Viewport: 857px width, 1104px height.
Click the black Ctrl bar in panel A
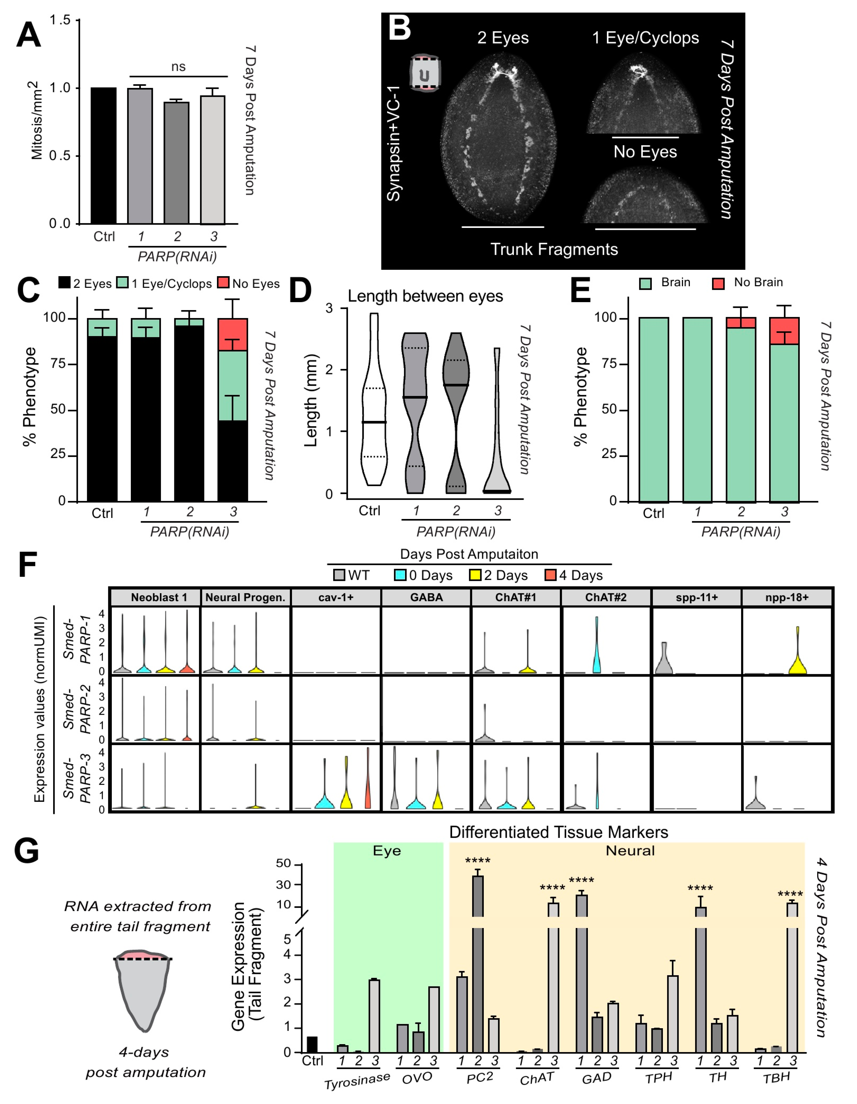104,156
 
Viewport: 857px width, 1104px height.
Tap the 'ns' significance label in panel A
178,67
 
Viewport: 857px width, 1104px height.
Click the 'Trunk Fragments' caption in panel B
554,249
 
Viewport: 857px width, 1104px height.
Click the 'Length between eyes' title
425,296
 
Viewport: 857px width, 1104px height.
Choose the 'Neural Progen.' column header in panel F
245,598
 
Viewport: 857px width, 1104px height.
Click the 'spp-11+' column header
697,598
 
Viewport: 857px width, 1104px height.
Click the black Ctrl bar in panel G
312,1044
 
